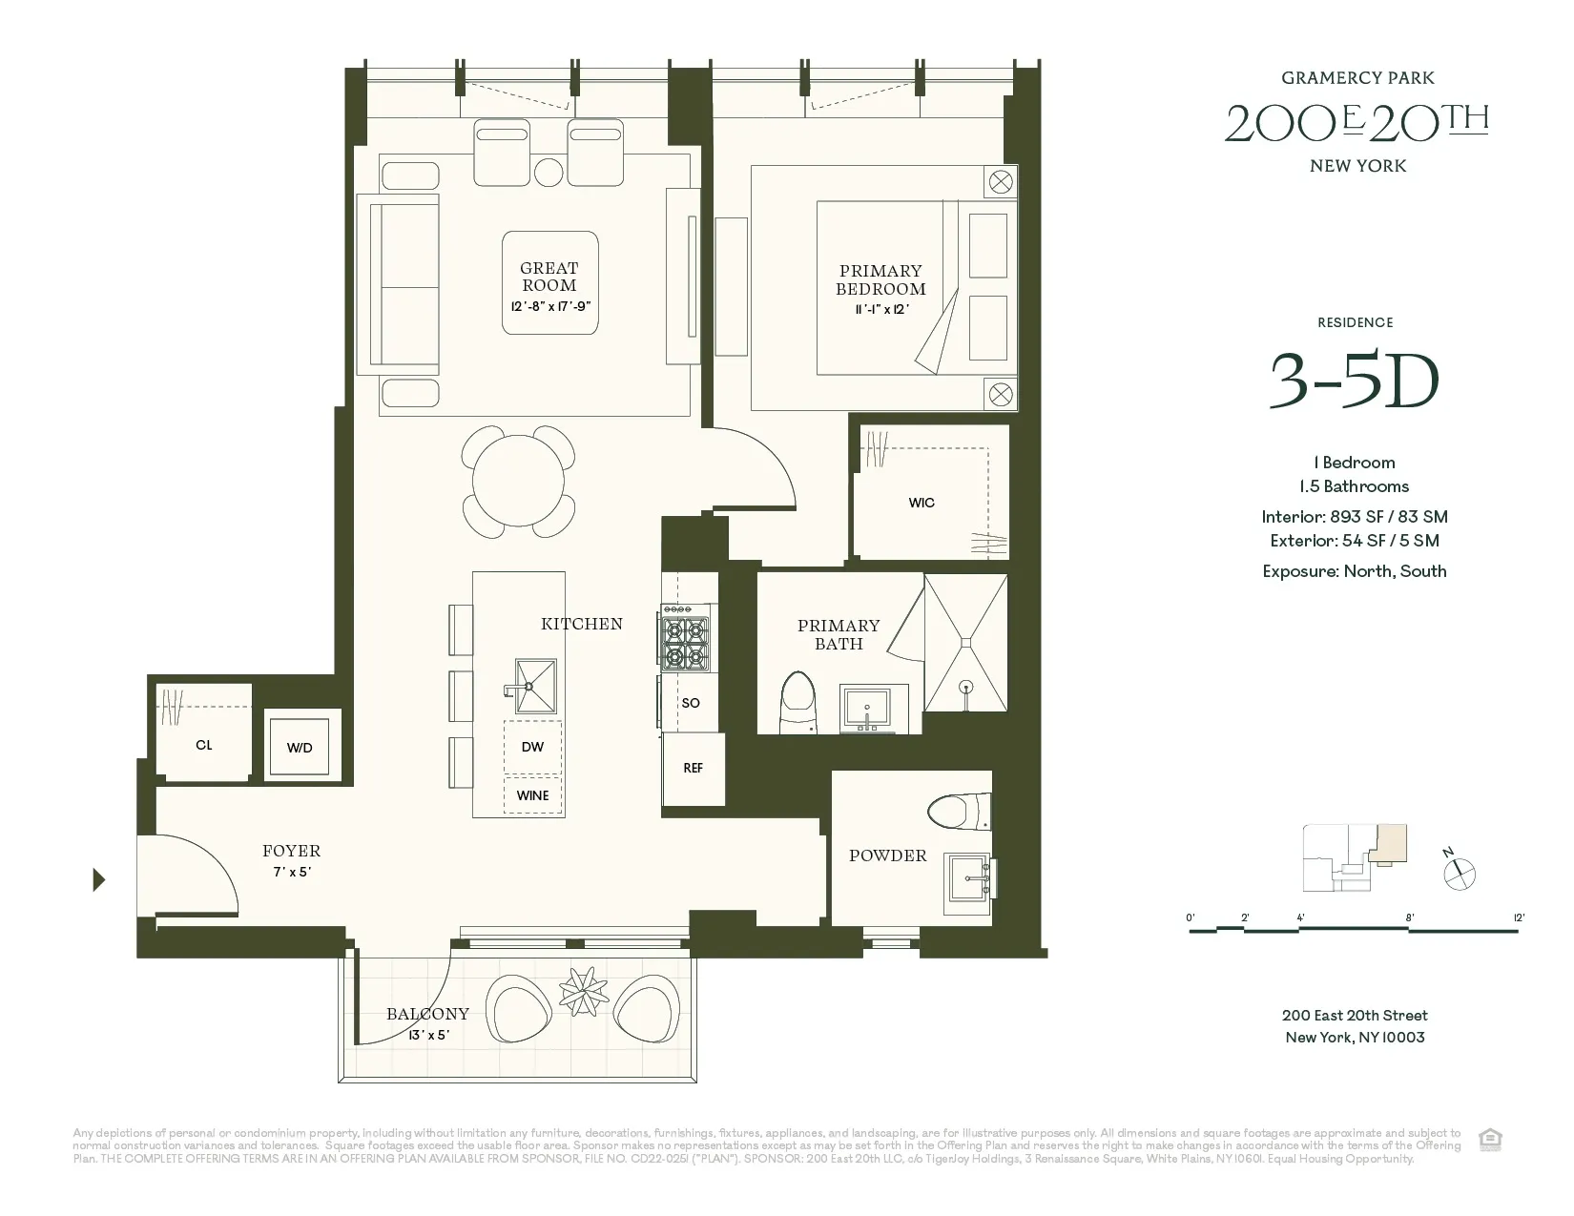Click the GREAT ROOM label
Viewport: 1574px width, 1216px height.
[x=549, y=277]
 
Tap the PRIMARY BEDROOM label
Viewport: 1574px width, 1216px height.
[x=880, y=279]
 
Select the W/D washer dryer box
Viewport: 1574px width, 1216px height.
[x=300, y=747]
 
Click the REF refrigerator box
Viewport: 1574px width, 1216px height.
[x=694, y=768]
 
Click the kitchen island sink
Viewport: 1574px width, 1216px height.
[x=535, y=686]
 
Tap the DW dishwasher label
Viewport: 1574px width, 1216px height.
[x=532, y=747]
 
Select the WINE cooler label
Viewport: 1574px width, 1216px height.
[x=532, y=795]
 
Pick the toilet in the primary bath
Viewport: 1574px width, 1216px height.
[x=797, y=704]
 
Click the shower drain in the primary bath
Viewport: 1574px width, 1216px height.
[x=965, y=686]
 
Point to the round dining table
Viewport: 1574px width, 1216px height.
[x=518, y=482]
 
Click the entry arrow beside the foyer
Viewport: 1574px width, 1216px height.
[x=98, y=879]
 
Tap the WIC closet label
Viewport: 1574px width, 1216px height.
[x=922, y=503]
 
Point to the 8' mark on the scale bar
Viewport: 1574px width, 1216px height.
[x=1409, y=918]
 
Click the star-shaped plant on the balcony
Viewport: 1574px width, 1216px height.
[x=584, y=992]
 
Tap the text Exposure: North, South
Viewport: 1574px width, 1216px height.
[x=1354, y=571]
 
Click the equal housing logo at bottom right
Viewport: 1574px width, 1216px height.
[x=1490, y=1139]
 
